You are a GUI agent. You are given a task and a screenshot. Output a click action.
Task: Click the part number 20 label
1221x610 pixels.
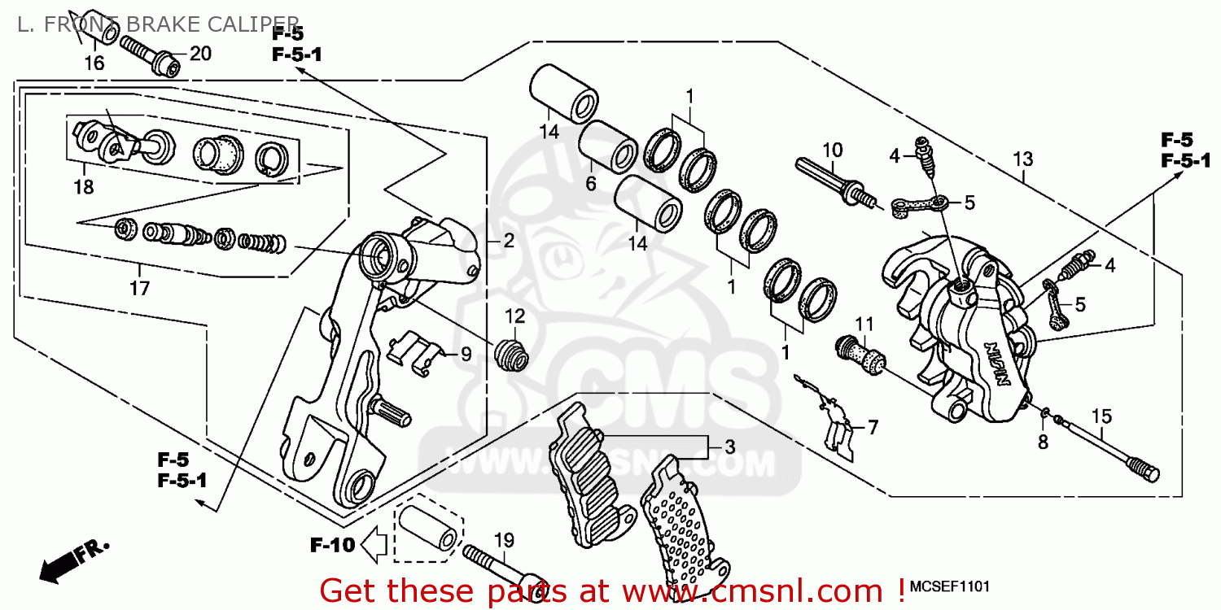tap(200, 54)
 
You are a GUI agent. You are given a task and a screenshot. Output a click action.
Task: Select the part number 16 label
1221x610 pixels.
tap(94, 63)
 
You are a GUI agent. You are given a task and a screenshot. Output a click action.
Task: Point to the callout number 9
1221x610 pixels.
tap(466, 354)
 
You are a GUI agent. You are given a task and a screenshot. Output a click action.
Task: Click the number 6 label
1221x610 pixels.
tap(590, 185)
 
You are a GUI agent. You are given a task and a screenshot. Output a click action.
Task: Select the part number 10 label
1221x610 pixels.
tap(832, 150)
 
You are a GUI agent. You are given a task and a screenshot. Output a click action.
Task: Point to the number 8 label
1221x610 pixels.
tap(1043, 442)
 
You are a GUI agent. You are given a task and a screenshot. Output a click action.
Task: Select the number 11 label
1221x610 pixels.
tap(864, 323)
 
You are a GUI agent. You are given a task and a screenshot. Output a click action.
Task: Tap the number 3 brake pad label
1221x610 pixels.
tap(729, 447)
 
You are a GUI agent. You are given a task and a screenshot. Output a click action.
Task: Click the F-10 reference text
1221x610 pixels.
tap(332, 545)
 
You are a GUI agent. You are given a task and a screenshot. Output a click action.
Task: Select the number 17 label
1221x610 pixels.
tap(140, 288)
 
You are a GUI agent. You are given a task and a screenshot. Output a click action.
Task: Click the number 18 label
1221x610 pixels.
tap(83, 187)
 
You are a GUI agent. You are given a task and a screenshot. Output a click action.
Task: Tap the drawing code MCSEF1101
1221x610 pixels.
tap(950, 587)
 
